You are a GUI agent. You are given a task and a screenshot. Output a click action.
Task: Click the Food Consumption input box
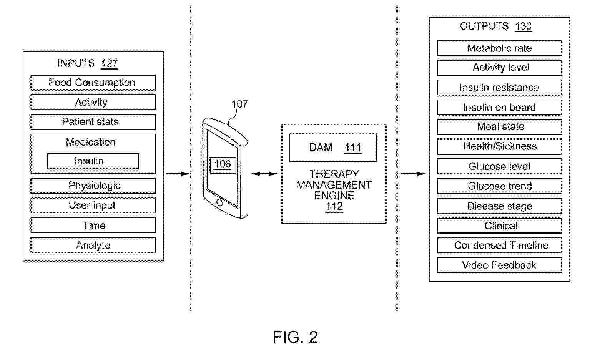93,83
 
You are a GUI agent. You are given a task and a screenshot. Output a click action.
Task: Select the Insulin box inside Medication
93,161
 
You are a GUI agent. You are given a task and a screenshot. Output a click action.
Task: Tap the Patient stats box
93,122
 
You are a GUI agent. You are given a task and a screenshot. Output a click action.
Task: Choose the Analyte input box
93,245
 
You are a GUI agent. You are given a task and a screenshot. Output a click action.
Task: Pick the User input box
93,206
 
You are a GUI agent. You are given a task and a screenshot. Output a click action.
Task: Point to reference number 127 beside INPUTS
109,63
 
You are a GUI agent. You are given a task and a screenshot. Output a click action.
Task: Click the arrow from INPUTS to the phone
178,174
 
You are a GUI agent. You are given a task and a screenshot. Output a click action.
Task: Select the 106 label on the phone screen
223,164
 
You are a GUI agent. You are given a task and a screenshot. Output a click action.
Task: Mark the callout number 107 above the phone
239,104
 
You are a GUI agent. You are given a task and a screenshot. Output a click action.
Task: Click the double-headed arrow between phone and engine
264,174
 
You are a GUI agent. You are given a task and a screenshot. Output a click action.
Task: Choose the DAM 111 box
333,148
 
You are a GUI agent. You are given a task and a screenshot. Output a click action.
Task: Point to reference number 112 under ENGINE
334,207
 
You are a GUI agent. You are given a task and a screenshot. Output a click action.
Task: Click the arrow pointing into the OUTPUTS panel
413,174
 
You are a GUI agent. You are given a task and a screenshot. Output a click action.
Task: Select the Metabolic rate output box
499,48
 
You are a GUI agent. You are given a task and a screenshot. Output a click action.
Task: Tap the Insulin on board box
499,108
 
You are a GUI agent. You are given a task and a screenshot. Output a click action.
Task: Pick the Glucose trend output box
499,186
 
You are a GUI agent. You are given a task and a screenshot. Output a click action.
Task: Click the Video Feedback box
499,265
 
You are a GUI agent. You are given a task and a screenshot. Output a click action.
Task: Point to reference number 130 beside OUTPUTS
523,26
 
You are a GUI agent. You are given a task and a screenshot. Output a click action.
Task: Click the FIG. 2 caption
295,337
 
